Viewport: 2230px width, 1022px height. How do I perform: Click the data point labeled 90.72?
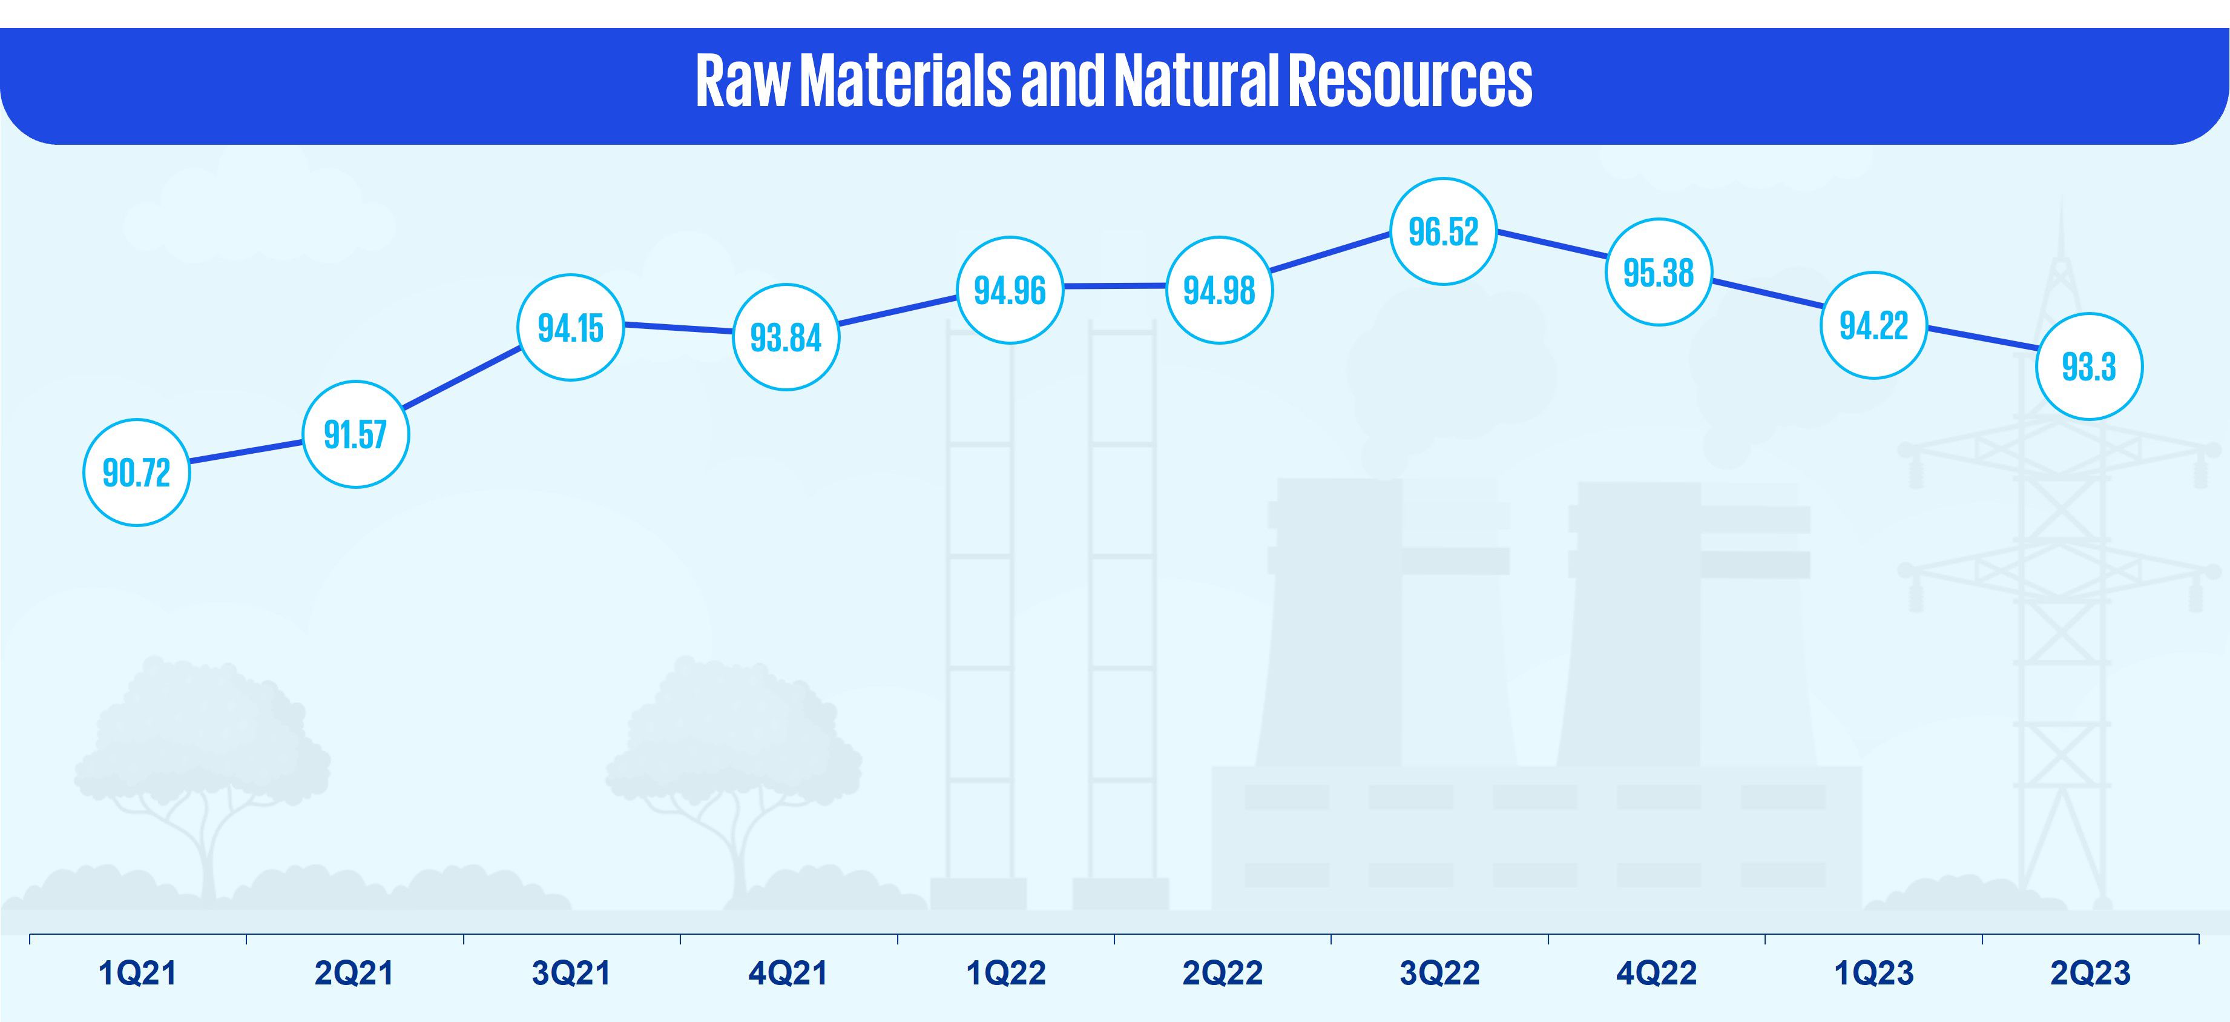tap(137, 473)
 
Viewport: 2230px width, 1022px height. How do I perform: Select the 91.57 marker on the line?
tap(355, 434)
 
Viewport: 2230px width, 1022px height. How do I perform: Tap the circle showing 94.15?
tap(570, 327)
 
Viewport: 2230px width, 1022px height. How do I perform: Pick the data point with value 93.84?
tap(786, 337)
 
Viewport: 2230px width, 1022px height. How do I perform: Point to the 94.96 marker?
tap(1010, 290)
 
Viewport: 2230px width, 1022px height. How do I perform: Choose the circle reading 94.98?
tap(1219, 290)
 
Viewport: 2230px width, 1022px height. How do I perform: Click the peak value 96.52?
tap(1443, 231)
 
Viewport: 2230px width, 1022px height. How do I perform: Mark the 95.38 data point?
tap(1659, 272)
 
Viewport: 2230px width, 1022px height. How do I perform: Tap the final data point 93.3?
tap(2089, 367)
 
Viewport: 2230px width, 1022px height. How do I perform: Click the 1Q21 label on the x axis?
tap(137, 974)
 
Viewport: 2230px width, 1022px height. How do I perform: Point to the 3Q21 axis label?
tap(571, 974)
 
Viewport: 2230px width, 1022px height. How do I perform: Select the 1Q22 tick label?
tap(1006, 974)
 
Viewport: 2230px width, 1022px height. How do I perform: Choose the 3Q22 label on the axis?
tap(1439, 974)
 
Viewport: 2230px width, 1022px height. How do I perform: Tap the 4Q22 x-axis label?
tap(1656, 974)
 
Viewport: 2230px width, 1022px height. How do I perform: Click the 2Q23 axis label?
tap(2090, 974)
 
